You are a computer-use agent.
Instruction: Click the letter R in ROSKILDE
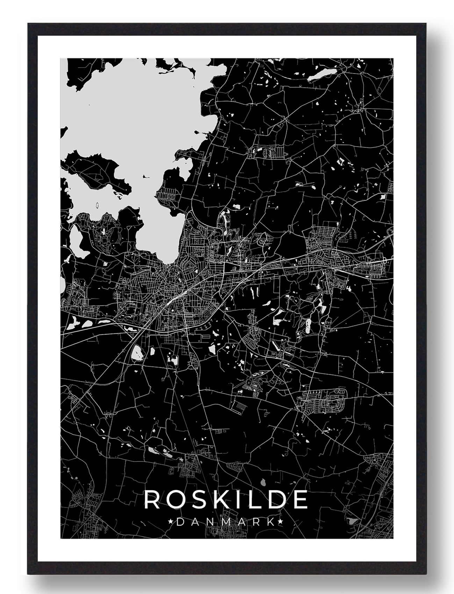(x=151, y=499)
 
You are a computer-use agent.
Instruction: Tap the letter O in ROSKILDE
(x=174, y=499)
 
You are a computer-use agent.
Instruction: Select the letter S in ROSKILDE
(x=196, y=499)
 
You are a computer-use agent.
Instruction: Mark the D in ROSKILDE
(x=272, y=499)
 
